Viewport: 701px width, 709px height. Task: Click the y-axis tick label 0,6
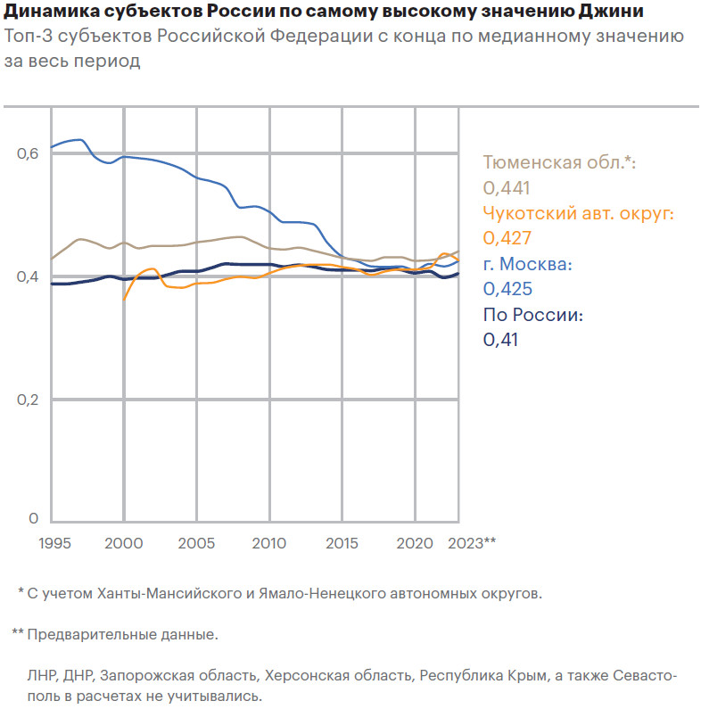click(x=28, y=154)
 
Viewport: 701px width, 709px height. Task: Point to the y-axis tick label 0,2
click(x=28, y=400)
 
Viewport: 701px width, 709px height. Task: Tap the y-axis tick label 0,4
click(x=28, y=277)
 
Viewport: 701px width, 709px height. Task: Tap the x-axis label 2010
click(x=268, y=542)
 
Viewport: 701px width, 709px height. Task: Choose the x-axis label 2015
click(x=341, y=542)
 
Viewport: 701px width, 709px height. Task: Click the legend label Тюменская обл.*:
click(x=558, y=162)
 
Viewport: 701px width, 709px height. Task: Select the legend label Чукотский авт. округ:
click(x=577, y=213)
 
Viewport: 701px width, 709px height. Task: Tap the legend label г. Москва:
click(x=527, y=264)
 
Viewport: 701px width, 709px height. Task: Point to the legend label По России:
click(x=532, y=315)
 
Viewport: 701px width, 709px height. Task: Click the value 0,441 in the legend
click(x=507, y=187)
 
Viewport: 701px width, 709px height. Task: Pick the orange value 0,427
click(x=507, y=238)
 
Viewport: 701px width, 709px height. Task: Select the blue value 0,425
click(x=507, y=289)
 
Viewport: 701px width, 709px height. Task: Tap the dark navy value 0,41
click(x=500, y=340)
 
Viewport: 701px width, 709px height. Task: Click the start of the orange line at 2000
click(x=124, y=299)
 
